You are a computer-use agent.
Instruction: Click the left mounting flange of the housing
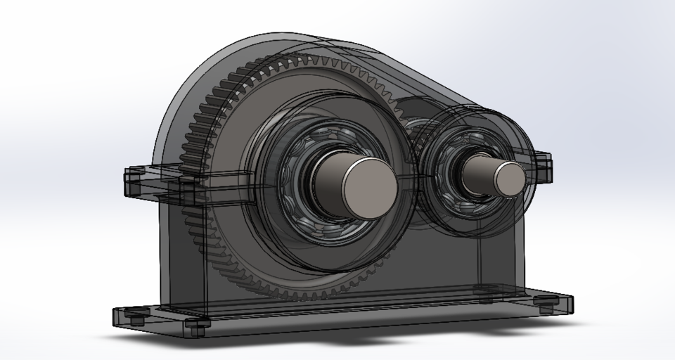[x=151, y=181]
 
